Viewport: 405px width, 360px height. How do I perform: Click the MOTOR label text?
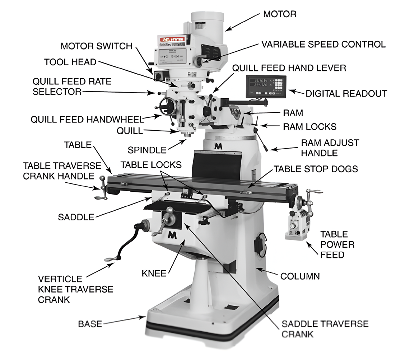280,14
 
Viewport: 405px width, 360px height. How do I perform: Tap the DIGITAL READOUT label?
346,94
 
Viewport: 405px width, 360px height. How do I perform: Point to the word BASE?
90,324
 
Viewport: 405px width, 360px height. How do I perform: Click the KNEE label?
154,273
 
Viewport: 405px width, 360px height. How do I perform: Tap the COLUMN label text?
300,276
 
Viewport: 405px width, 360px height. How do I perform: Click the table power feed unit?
297,226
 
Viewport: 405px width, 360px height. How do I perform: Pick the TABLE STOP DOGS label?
316,168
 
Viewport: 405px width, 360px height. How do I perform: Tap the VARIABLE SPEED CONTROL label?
323,44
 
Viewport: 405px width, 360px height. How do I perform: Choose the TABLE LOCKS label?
151,165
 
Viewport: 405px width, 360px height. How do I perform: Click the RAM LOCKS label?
309,126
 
